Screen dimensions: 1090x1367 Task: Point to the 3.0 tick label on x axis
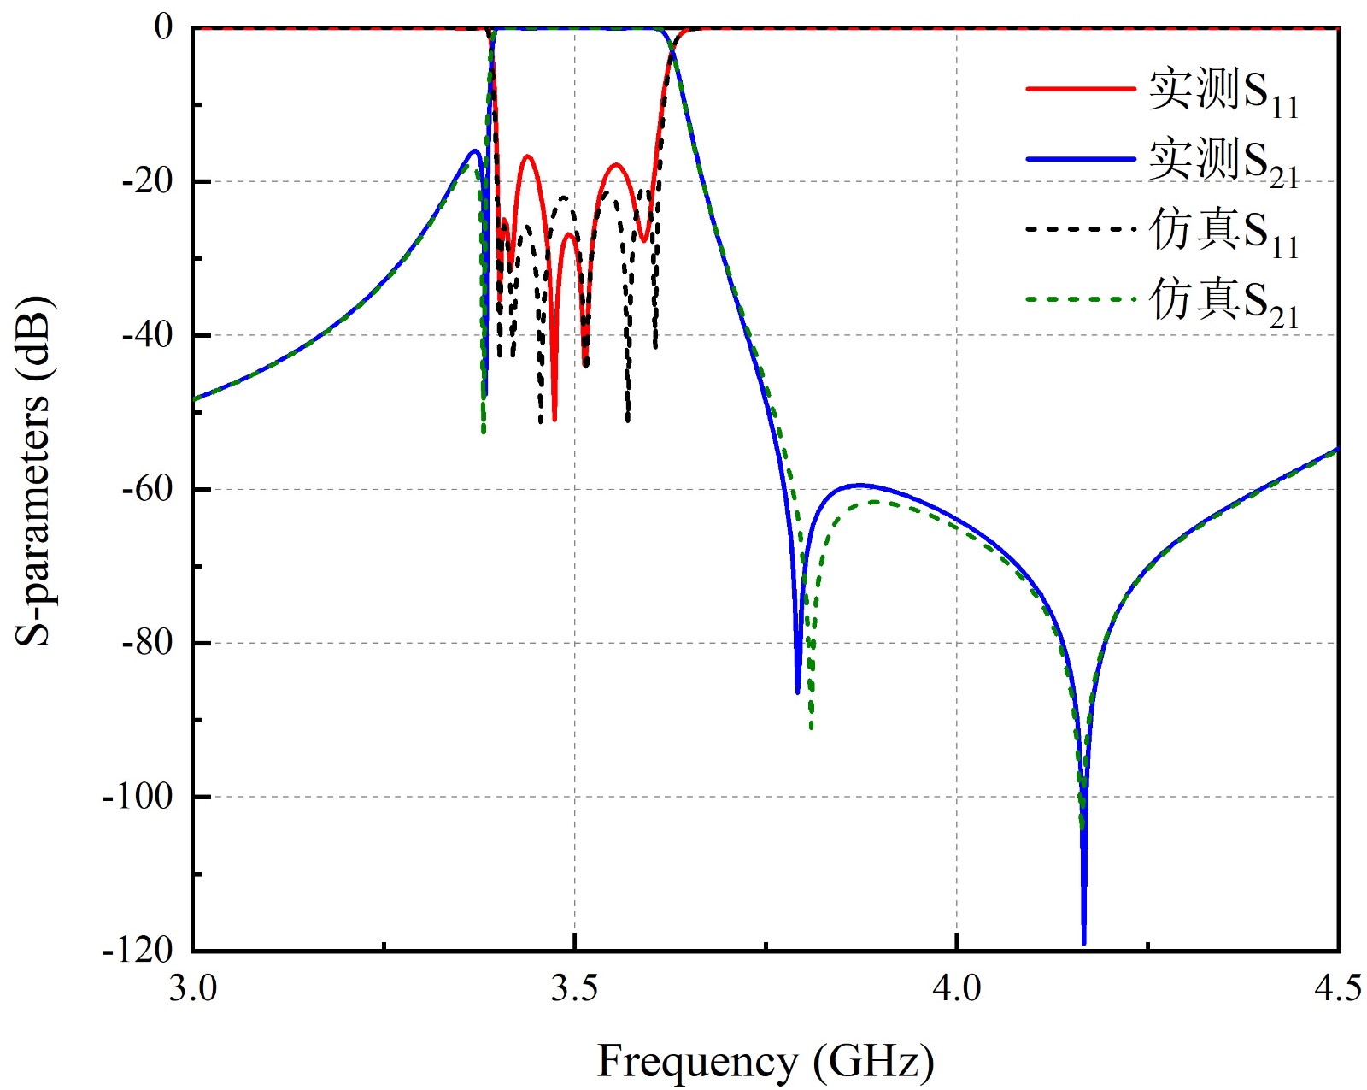click(192, 988)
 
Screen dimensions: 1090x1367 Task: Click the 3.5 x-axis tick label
click(574, 988)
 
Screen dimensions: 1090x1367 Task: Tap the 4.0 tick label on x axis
click(956, 988)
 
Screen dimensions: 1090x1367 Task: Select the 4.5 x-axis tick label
click(1337, 988)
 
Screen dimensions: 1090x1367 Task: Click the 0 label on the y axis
click(163, 27)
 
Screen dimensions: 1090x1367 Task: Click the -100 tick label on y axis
click(140, 796)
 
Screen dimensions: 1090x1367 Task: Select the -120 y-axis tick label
click(140, 949)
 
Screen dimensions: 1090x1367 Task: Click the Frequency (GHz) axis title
click(765, 1062)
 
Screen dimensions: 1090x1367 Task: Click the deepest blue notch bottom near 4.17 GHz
click(1084, 942)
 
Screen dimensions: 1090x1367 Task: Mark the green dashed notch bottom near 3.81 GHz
click(812, 728)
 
